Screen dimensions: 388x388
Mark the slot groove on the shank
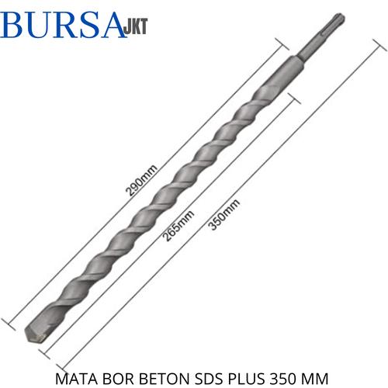(x=313, y=47)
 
